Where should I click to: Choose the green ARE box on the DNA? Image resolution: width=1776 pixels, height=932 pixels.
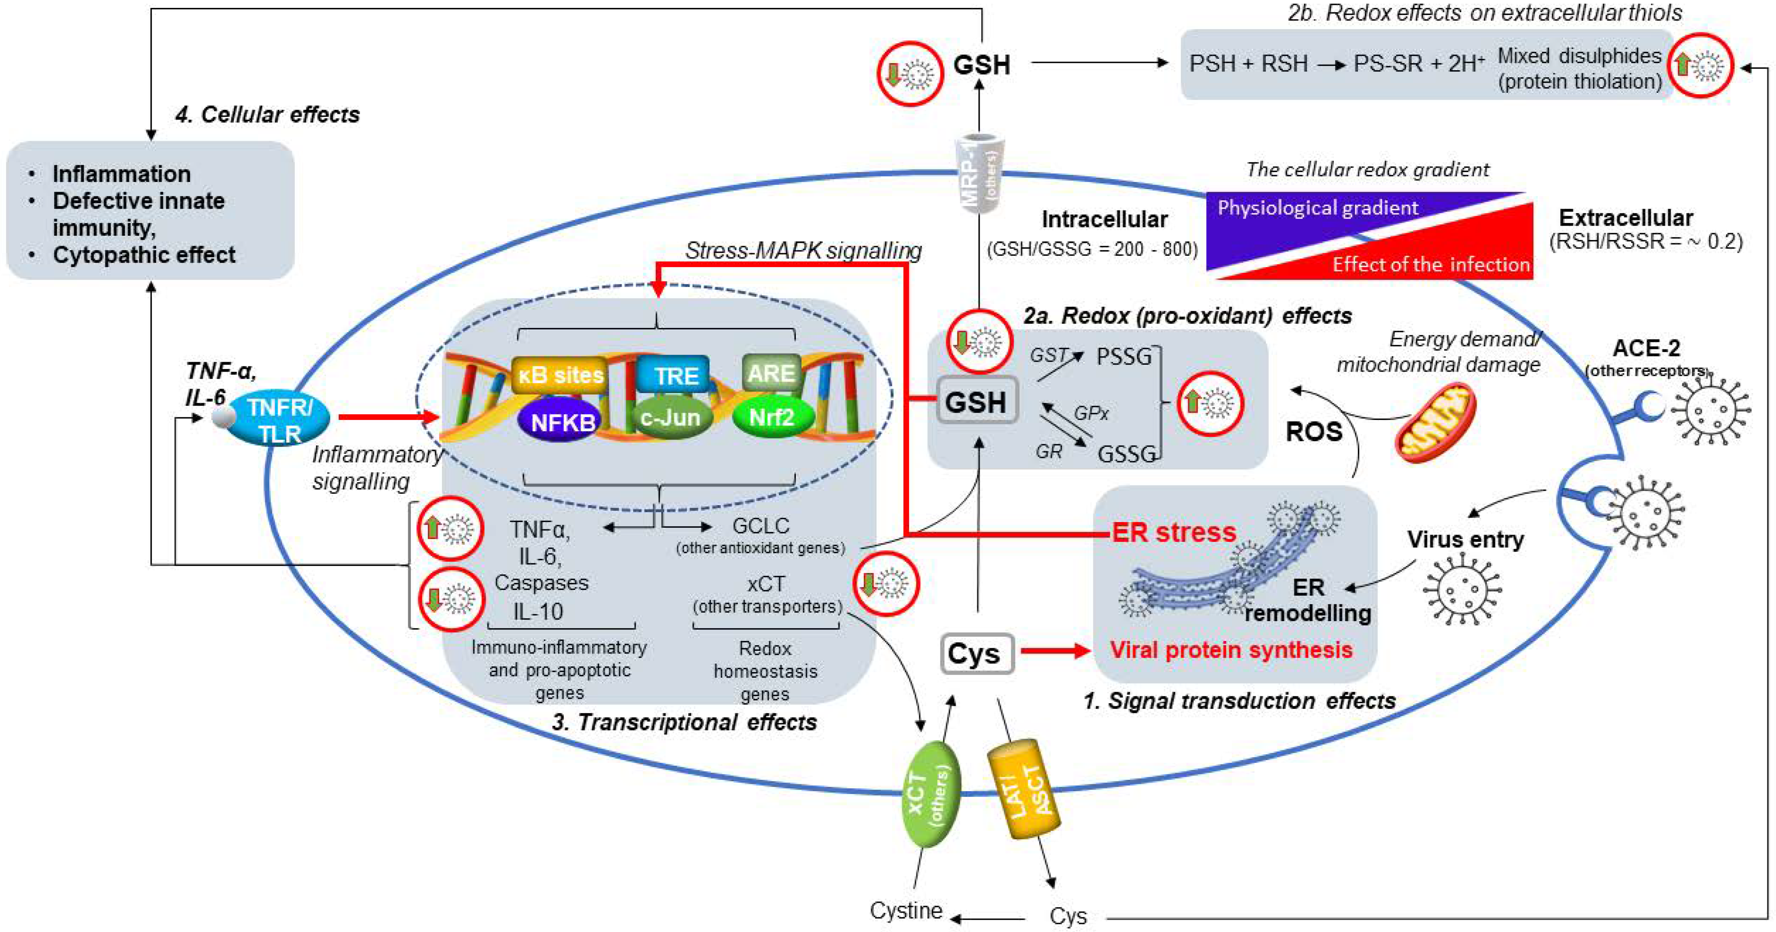click(771, 373)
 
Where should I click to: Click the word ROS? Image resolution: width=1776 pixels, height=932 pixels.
click(1313, 431)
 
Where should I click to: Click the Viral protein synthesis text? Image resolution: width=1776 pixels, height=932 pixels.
click(1231, 649)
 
